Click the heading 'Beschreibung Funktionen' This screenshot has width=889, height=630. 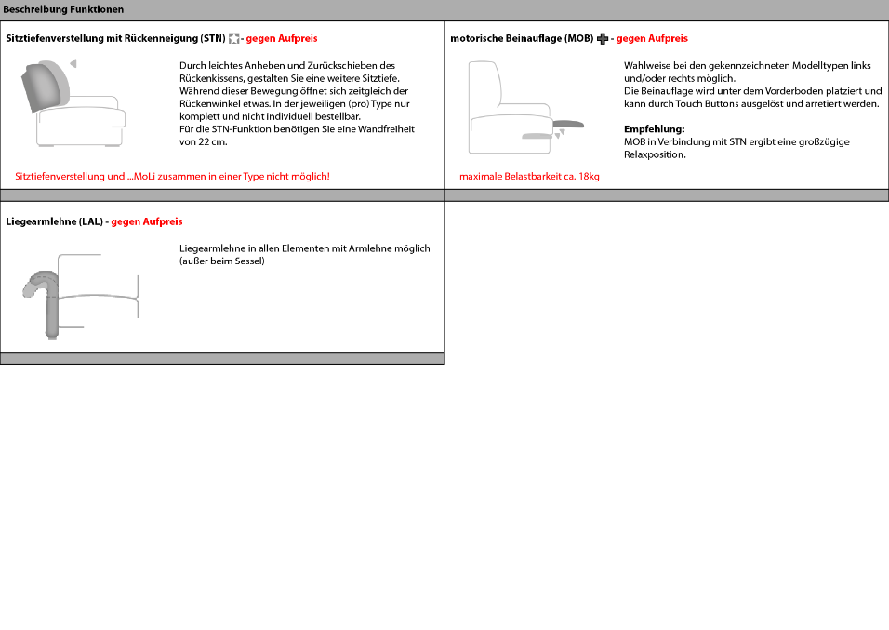tap(63, 9)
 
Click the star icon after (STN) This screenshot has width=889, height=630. tap(234, 39)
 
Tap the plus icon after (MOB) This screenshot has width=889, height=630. tap(602, 39)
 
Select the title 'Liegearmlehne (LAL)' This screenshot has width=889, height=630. tap(55, 221)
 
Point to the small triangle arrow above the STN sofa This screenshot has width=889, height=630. tap(73, 63)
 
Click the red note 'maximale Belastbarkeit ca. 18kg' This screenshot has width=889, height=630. tap(529, 176)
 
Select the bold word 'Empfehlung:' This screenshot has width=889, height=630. tap(654, 129)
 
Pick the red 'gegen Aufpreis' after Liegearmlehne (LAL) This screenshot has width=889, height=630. tap(147, 221)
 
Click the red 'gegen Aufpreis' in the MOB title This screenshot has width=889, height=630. tap(652, 39)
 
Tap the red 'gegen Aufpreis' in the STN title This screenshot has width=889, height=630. tap(282, 39)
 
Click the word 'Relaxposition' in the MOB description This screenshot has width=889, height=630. tap(655, 154)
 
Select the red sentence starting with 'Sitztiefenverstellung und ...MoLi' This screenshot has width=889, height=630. tap(172, 176)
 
